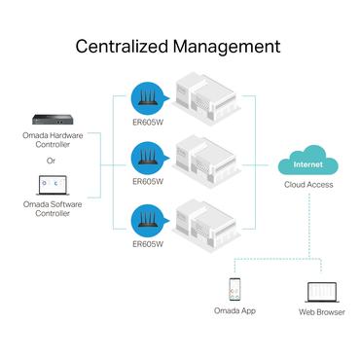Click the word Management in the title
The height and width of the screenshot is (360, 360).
click(231, 46)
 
